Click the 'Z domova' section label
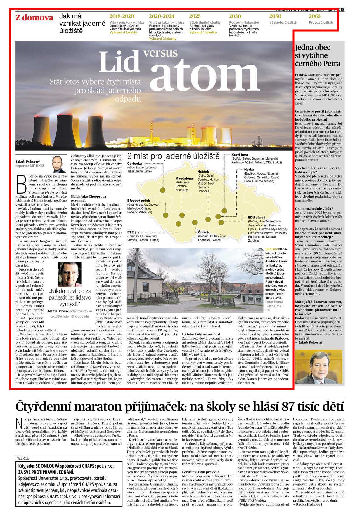pyautogui.click(x=34, y=18)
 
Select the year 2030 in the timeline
pyautogui.click(x=235, y=16)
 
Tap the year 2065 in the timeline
pyautogui.click(x=314, y=16)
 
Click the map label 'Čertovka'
pyautogui.click(x=135, y=163)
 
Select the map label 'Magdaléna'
pyautogui.click(x=184, y=178)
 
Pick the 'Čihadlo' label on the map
pyautogui.click(x=204, y=232)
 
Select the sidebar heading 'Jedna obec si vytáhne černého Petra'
pyautogui.click(x=318, y=55)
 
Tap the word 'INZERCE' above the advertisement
pyautogui.click(x=22, y=458)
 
